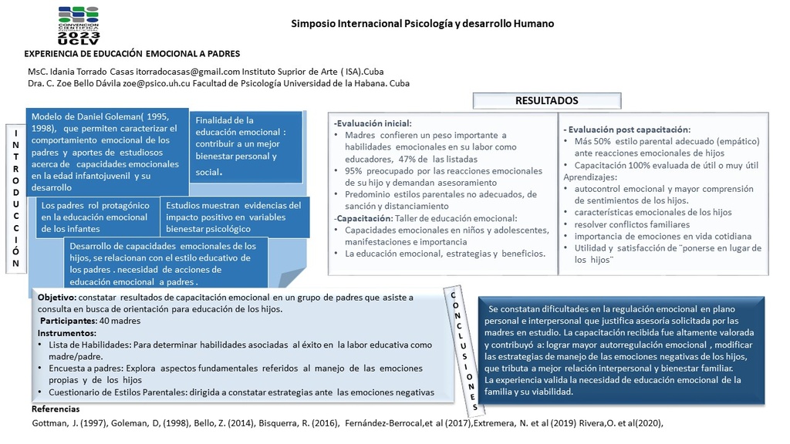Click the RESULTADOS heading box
point(545,100)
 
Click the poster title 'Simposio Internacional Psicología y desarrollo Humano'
point(422,23)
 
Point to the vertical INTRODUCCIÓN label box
point(16,198)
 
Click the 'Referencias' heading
point(56,409)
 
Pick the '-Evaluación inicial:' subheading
point(373,123)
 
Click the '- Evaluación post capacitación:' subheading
point(627,129)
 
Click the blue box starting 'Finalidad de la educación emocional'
point(240,146)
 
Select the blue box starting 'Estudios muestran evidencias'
point(235,217)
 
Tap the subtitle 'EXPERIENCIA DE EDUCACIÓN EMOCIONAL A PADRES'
point(133,54)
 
